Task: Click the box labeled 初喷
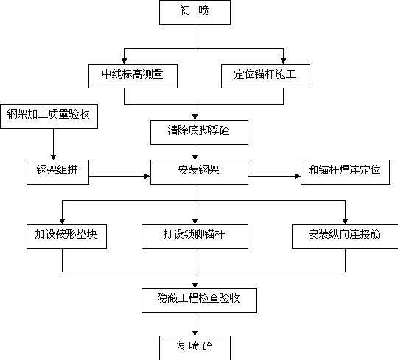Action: [195, 13]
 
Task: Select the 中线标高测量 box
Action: [133, 76]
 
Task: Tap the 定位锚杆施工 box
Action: [265, 76]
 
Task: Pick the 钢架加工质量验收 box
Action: [49, 116]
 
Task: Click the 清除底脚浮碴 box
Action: [199, 133]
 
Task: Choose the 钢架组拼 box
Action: [58, 172]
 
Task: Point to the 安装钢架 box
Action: [199, 172]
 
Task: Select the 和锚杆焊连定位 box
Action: [345, 172]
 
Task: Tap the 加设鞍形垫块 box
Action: [66, 236]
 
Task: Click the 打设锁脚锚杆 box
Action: [195, 236]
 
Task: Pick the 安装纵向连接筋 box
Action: [345, 236]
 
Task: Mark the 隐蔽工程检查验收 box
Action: [199, 300]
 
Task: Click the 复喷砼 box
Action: [195, 347]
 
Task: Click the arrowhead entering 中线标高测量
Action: [124, 61]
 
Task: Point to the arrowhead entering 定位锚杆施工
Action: [283, 61]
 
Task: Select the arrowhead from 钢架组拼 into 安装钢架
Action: [147, 176]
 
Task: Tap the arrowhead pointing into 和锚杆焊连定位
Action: [298, 176]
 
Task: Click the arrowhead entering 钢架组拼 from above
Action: [53, 157]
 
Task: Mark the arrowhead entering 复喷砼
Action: [195, 333]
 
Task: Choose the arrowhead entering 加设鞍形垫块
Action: [62, 221]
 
